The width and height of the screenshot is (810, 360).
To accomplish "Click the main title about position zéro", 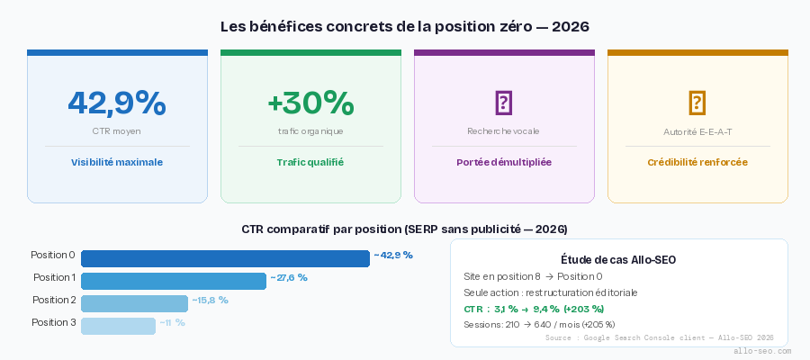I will point(405,27).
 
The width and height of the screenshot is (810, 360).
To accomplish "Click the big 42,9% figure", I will point(117,103).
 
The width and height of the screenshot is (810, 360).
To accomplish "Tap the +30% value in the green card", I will point(310,103).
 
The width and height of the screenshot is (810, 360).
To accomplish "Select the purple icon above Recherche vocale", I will point(504,103).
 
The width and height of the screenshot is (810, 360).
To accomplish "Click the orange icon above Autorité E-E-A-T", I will point(697,103).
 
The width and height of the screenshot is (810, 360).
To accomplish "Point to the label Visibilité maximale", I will point(117,163).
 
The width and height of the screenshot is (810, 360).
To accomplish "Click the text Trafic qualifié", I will point(310,163).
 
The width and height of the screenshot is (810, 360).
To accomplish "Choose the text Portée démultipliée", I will point(504,163).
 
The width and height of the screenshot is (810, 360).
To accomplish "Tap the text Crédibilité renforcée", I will point(697,163).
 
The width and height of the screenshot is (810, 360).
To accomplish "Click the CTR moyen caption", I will point(117,131).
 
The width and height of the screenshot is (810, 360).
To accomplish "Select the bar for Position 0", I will point(225,258).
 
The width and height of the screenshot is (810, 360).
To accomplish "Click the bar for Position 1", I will point(174,281).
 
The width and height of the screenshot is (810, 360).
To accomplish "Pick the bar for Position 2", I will point(134,303).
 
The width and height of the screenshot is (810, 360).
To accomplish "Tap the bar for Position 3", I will point(118,326).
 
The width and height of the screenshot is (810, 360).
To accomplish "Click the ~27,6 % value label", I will point(289,278).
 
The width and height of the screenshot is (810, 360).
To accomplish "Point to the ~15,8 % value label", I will point(210,301).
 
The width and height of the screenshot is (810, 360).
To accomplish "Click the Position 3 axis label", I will point(54,322).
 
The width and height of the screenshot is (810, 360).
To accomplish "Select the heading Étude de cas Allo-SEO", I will point(618,260).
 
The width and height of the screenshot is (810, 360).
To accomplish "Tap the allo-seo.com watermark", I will point(762,351).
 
